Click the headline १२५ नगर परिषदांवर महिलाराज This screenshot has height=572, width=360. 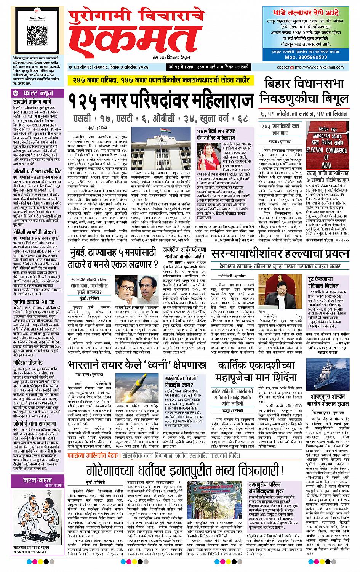[x=161, y=101]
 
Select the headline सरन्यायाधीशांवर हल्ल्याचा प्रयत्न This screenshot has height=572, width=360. [x=285, y=253]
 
